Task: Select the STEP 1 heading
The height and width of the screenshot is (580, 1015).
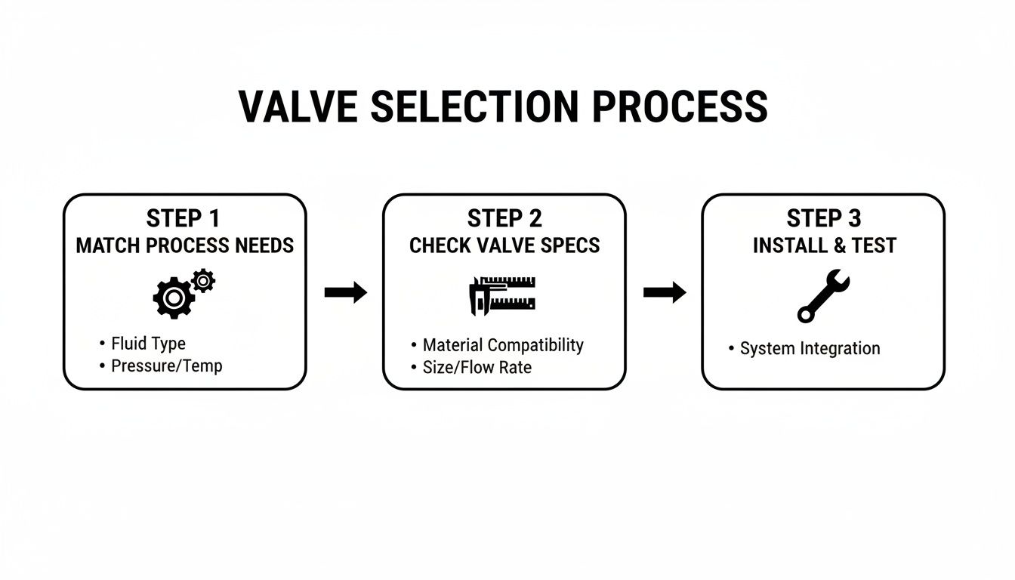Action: pos(184,219)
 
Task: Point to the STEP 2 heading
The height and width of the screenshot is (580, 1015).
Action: pos(504,219)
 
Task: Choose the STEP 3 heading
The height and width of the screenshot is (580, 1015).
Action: pos(823,219)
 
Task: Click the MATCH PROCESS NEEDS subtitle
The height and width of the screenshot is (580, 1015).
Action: pos(185,245)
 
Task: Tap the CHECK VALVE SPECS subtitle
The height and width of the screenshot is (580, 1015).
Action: pos(504,245)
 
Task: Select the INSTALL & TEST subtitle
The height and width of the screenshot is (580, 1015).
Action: pos(824,245)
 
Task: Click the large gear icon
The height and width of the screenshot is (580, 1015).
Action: pos(174,298)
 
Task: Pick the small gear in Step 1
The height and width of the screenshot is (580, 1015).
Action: pos(203,281)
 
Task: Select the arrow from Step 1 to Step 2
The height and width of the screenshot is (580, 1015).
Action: pos(345,293)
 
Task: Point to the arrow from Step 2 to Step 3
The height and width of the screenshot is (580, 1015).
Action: pos(665,293)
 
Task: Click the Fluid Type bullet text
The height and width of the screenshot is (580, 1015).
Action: pos(148,344)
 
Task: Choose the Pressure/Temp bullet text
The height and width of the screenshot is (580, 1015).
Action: pos(166,366)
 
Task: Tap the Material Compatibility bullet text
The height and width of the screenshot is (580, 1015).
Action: pos(503,345)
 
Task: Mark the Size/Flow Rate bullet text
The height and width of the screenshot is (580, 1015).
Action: pos(477,368)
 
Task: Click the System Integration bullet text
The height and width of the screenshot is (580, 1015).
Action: pos(810,348)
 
